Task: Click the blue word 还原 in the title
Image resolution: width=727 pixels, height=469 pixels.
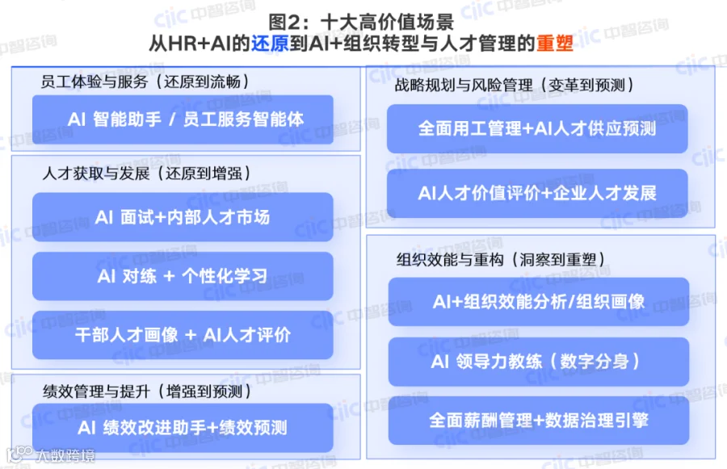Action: tap(270, 44)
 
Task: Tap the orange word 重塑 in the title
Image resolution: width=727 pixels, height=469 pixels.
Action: tap(555, 44)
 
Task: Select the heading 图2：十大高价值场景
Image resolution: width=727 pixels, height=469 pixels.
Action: tap(361, 22)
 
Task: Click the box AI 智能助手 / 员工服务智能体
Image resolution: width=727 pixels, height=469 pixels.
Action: tap(183, 119)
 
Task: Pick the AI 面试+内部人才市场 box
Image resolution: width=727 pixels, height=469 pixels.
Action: tap(183, 217)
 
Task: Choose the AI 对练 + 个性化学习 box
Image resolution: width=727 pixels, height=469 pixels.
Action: tap(183, 276)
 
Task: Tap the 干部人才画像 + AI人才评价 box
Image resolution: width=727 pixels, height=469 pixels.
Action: tap(183, 335)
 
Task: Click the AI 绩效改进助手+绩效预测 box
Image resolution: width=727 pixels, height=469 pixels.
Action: tap(183, 427)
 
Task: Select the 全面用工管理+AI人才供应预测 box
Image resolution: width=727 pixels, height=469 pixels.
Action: tap(537, 128)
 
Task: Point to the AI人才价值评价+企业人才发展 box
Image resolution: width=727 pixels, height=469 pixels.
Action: tap(537, 193)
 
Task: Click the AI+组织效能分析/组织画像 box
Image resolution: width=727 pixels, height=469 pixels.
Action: tap(539, 302)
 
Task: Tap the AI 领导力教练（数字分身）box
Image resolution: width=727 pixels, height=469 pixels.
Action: tap(539, 362)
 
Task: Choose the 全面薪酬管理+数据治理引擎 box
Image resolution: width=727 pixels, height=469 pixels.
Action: tap(539, 421)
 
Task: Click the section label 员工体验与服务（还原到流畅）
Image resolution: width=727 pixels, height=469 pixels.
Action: tap(145, 82)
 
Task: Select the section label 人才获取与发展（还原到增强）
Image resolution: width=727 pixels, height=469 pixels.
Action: tap(146, 174)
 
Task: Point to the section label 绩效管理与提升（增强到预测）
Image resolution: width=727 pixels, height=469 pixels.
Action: tap(147, 392)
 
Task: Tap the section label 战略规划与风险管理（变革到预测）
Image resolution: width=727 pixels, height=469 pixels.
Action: tap(515, 86)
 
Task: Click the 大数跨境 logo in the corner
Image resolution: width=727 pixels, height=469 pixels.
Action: tap(51, 455)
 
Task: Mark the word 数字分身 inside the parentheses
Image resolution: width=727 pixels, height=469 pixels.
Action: tap(595, 362)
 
